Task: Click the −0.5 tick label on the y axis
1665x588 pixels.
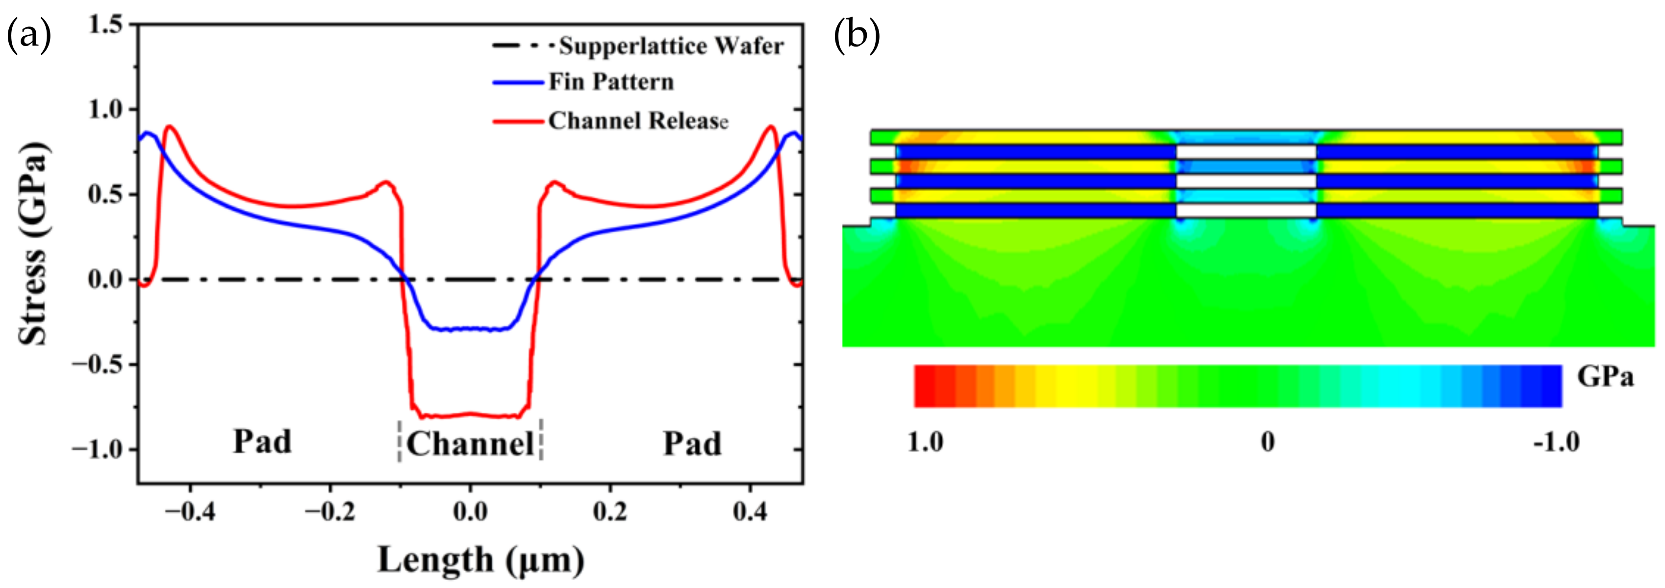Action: [97, 365]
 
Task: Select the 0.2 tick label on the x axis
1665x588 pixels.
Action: [609, 513]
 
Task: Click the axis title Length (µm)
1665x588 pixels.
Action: [480, 560]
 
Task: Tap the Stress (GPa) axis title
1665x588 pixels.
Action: [32, 244]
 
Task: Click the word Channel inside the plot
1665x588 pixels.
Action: [470, 444]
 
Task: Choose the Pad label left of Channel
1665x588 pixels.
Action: [262, 442]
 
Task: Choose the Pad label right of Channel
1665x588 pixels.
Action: [692, 444]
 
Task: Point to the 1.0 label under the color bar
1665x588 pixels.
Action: [925, 442]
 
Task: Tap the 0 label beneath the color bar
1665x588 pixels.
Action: [1267, 442]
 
